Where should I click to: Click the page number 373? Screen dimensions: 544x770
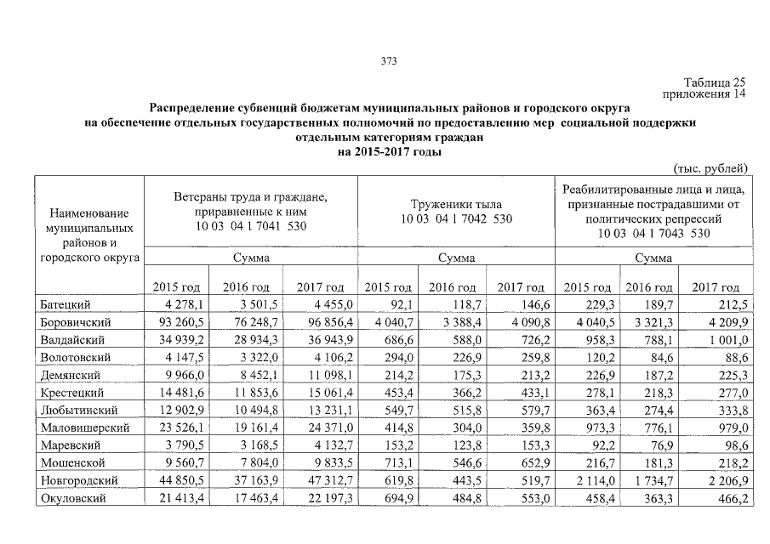[x=390, y=61]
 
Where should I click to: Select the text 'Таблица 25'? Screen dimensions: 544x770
[x=720, y=82]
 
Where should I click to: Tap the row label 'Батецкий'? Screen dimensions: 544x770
[x=66, y=304]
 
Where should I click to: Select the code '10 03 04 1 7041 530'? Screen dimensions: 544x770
[x=250, y=225]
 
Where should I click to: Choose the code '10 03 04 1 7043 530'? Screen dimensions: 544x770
[x=653, y=232]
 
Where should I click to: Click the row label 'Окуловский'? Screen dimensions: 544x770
[x=72, y=498]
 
